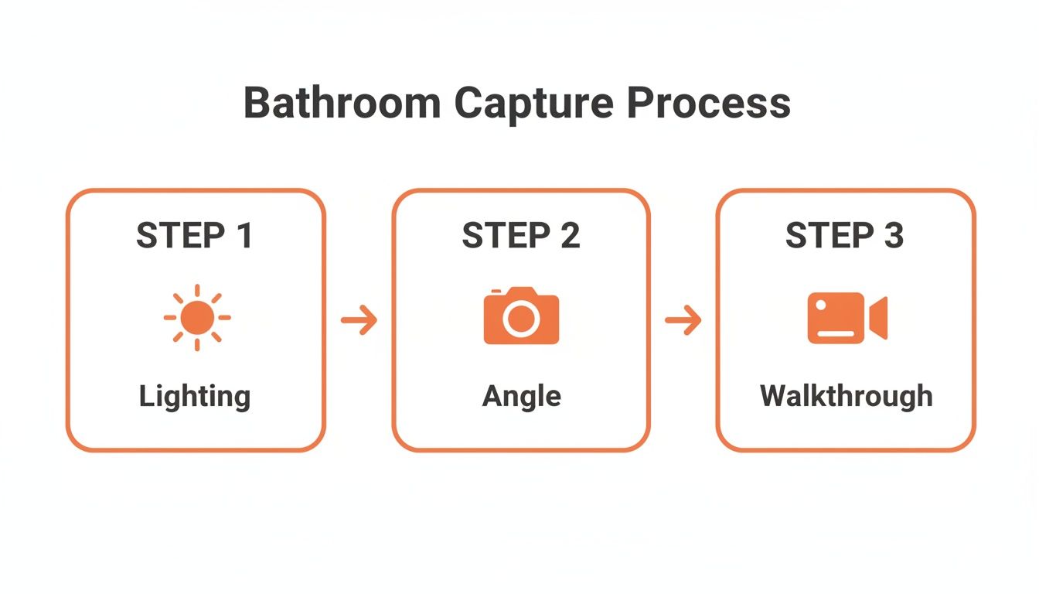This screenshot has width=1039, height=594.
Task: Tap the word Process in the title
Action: (709, 103)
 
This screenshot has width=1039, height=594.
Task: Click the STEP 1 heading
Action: (195, 236)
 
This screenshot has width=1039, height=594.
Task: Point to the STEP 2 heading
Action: (521, 236)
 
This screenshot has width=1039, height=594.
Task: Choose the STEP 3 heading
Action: (844, 236)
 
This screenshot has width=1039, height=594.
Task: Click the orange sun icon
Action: (197, 317)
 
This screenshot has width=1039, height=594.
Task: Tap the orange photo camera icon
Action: (521, 316)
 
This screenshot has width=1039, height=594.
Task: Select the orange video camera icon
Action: (847, 318)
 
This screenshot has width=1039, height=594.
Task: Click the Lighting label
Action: (195, 396)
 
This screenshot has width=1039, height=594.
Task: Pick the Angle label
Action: (521, 396)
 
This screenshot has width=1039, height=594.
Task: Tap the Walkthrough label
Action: (846, 396)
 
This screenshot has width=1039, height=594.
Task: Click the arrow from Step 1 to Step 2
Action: (359, 319)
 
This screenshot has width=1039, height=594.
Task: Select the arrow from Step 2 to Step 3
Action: (683, 319)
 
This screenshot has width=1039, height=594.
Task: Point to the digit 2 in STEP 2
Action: (569, 236)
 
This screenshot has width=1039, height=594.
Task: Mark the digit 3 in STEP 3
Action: (893, 236)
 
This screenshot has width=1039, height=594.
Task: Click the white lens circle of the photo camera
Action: (521, 319)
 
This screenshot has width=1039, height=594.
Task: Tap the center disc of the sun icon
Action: (197, 317)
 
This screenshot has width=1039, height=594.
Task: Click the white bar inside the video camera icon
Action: (836, 334)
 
